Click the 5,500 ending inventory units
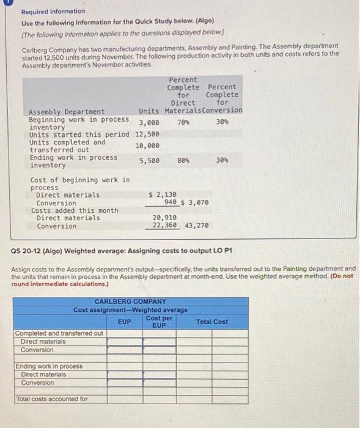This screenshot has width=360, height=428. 149,161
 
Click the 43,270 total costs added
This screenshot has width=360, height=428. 197,226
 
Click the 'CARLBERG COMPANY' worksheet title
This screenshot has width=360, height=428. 130,301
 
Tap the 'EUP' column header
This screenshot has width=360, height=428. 123,321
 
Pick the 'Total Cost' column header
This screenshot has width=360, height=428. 211,322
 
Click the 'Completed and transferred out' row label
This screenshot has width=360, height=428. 59,333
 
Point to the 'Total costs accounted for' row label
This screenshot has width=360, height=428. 51,399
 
